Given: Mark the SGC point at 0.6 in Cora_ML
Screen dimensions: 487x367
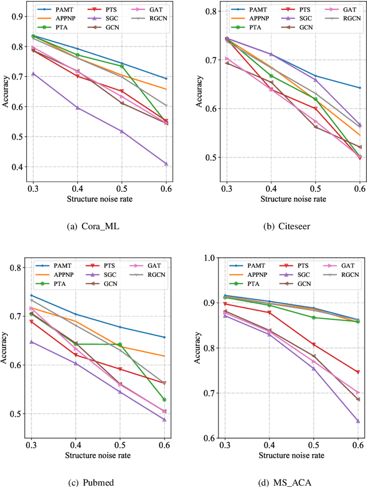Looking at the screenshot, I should [x=166, y=164].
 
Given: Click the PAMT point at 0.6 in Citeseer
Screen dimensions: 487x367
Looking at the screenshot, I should [x=360, y=88].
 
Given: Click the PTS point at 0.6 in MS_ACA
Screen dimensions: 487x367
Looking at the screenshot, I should [x=358, y=372].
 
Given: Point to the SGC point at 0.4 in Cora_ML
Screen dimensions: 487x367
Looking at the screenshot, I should [x=77, y=107].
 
